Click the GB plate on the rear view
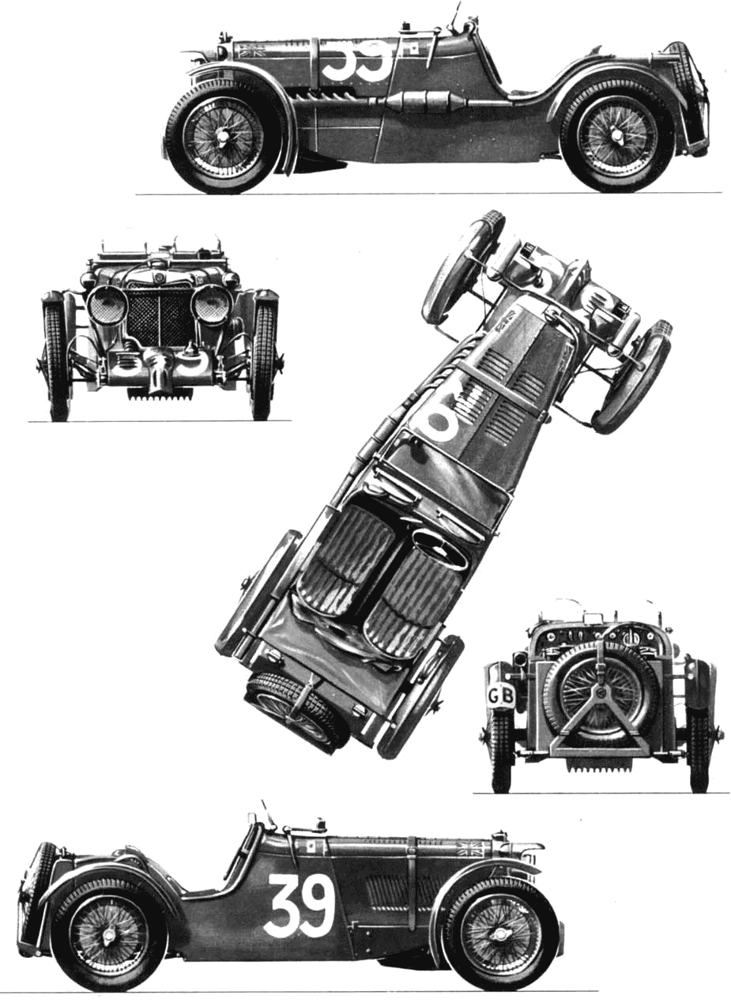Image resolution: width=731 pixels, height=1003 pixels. point(501,697)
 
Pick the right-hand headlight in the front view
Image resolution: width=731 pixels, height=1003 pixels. point(210,304)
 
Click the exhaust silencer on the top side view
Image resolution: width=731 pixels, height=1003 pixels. point(423,100)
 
